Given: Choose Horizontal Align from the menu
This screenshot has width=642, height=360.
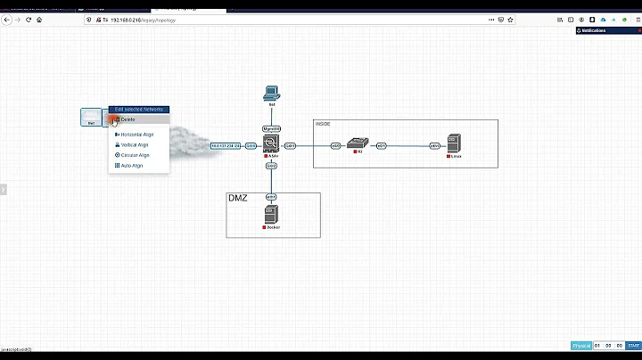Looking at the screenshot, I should pos(136,135).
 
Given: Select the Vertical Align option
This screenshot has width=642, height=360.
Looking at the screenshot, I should pos(134,144).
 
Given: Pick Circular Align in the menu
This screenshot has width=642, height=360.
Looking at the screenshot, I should pos(135,155).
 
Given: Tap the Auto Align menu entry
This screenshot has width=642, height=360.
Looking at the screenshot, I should pos(131,166).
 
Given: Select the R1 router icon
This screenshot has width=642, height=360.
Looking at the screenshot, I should pos(358,143).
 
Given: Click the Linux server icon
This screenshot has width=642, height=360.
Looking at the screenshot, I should pos(454,143).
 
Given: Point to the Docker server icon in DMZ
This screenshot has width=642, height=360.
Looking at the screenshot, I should pos(272,215).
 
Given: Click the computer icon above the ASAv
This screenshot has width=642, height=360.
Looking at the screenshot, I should pos(272,92).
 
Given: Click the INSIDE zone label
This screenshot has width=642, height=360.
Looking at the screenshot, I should pos(323,124).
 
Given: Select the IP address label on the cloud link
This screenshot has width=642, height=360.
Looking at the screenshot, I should pos(226,145).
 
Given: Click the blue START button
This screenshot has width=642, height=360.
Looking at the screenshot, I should pos(633,346).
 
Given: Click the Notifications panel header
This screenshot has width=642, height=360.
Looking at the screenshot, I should pos(608,30).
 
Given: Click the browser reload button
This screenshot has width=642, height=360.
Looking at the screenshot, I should pos(29,19).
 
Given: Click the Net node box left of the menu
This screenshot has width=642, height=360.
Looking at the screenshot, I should pos(91,117).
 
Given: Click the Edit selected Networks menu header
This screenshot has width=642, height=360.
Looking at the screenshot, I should pos(138,109).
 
